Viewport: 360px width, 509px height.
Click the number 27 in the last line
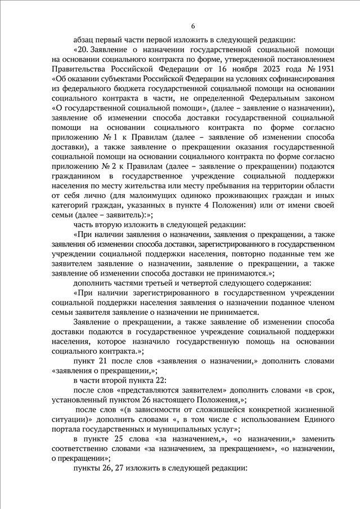tap(117, 469)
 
